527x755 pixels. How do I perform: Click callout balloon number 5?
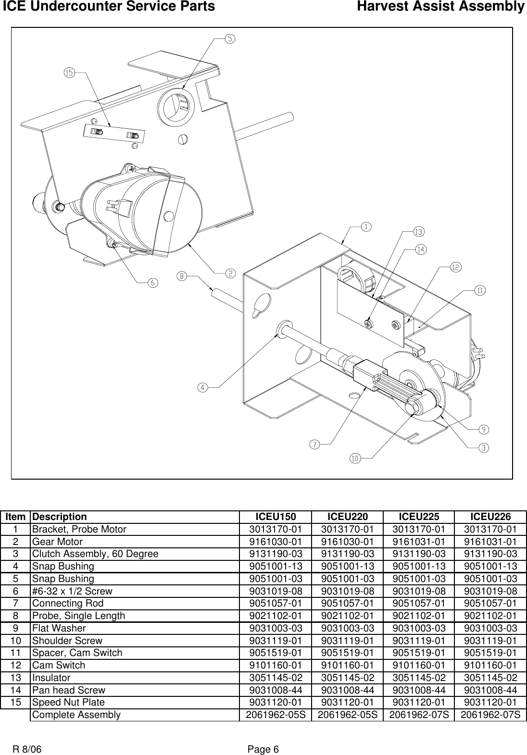pos(231,39)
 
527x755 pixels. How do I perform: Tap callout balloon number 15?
pos(69,73)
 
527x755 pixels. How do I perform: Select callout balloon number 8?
pos(182,276)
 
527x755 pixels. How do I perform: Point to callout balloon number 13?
pos(419,232)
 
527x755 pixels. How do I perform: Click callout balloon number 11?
pos(480,290)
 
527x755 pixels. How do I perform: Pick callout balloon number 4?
pos(203,387)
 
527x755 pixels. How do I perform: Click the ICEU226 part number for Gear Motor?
pos(490,542)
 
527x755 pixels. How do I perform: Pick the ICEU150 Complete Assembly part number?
pos(276,715)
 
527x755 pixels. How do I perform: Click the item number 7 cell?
pos(16,604)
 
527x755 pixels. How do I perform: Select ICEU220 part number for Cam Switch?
pos(347,665)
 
